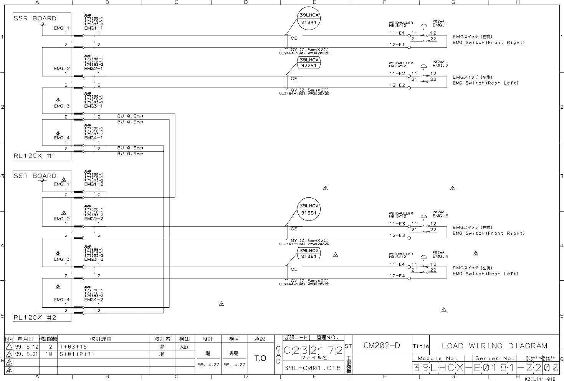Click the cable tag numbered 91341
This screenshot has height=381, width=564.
tap(309, 22)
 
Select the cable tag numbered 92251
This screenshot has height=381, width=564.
tap(309, 65)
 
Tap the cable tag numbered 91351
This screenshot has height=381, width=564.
tap(309, 213)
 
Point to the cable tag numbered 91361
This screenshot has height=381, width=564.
tap(309, 256)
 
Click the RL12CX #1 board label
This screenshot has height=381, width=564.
tap(35, 156)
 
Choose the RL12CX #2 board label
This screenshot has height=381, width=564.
tap(35, 318)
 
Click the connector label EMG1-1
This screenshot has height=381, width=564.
tap(93, 28)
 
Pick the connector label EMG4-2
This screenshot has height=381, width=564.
tap(93, 300)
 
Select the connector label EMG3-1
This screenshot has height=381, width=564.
tap(93, 106)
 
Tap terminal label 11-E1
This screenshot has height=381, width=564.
tap(397, 33)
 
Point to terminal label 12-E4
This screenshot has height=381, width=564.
tap(397, 276)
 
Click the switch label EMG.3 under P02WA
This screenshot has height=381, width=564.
tap(440, 216)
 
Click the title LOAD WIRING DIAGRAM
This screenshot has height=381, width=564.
tap(494, 346)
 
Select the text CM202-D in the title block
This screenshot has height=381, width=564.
tap(382, 345)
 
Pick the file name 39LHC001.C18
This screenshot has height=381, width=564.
tap(312, 368)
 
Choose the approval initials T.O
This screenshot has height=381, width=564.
tap(260, 358)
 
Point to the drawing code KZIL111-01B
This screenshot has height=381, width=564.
tap(540, 379)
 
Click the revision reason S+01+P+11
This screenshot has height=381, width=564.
tap(77, 354)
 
